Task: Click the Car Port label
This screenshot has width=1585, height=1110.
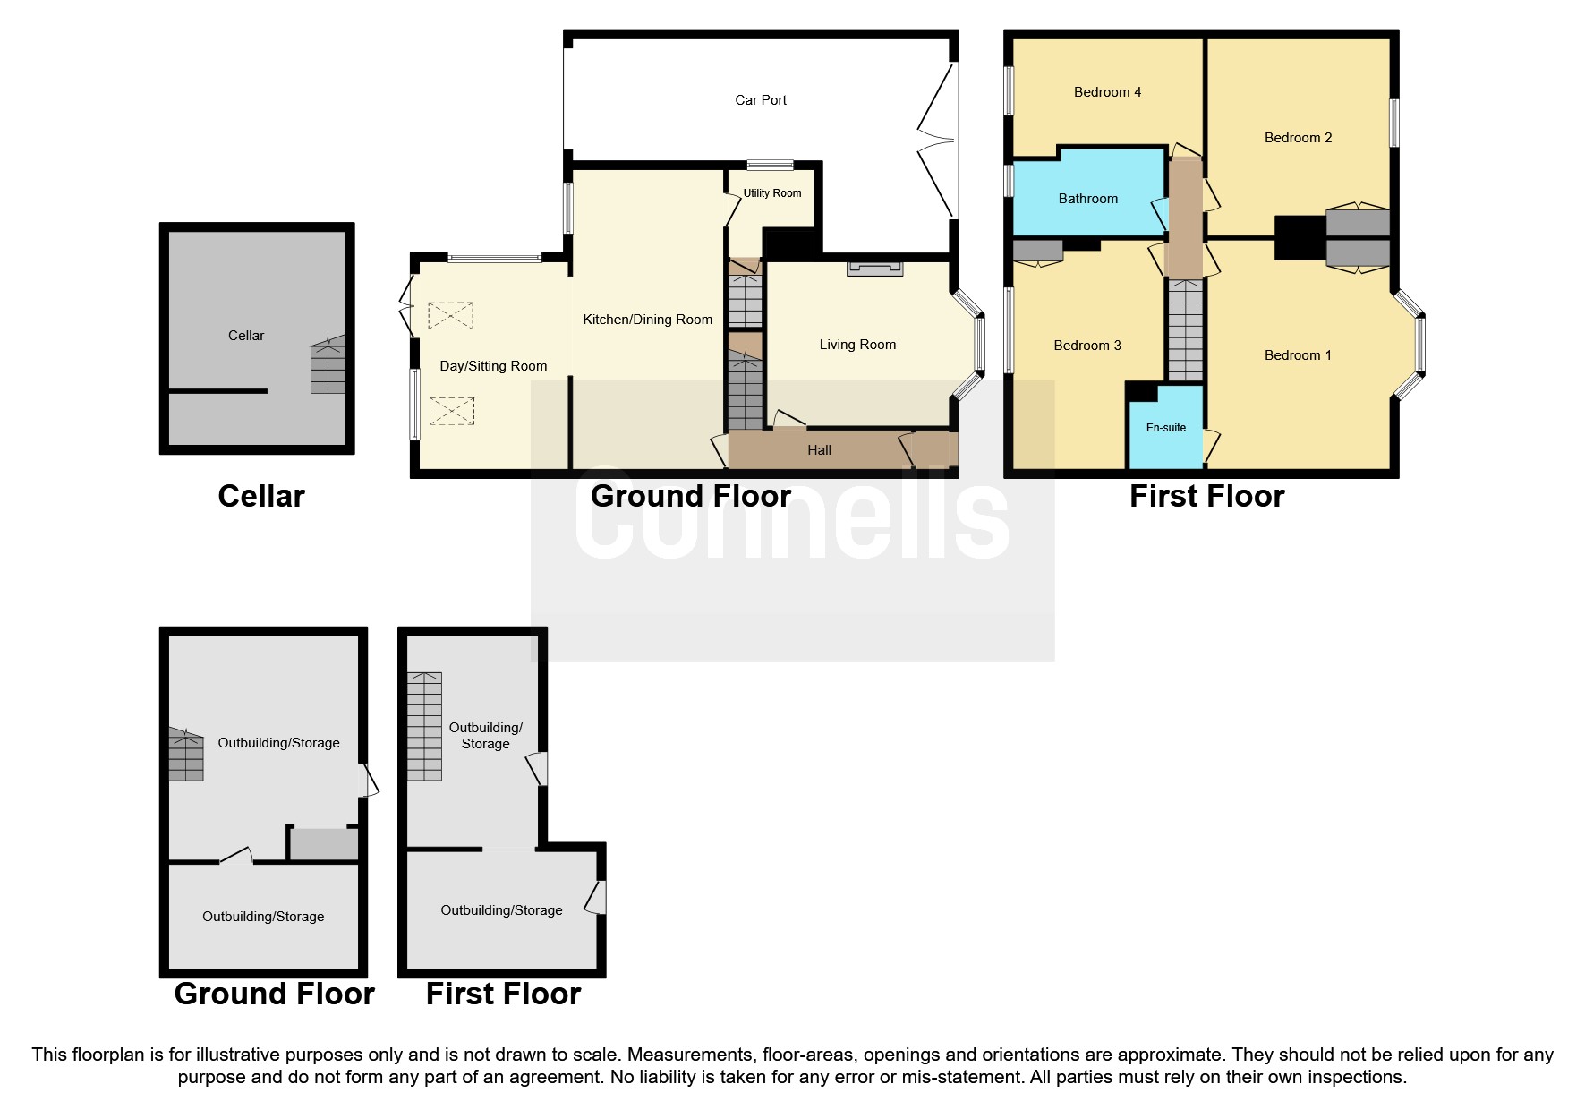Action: coord(760,100)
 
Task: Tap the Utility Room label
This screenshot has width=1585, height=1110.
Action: coord(771,193)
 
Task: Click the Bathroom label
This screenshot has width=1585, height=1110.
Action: coord(1087,199)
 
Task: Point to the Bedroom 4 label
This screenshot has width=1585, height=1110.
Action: coord(1107,92)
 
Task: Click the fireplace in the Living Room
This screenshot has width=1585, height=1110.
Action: coord(874,269)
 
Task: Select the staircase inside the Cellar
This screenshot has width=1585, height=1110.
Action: coord(328,367)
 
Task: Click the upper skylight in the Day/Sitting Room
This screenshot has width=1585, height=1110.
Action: coord(450,316)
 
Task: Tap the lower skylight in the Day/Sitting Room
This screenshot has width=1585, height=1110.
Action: coord(450,411)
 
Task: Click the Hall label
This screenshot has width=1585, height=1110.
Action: coord(819,450)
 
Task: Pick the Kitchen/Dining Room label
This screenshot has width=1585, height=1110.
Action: coord(647,320)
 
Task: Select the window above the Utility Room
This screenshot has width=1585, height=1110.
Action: coord(770,165)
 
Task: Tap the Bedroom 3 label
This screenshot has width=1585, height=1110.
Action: coord(1086,346)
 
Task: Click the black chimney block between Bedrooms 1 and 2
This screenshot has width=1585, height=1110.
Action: coord(1299,238)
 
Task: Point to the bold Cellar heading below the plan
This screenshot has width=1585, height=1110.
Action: coord(261,496)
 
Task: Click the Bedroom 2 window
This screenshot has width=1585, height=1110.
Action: coord(1393,123)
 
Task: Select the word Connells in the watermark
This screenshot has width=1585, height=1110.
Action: coord(791,519)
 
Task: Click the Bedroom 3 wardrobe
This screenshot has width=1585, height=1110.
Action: coord(1038,251)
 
